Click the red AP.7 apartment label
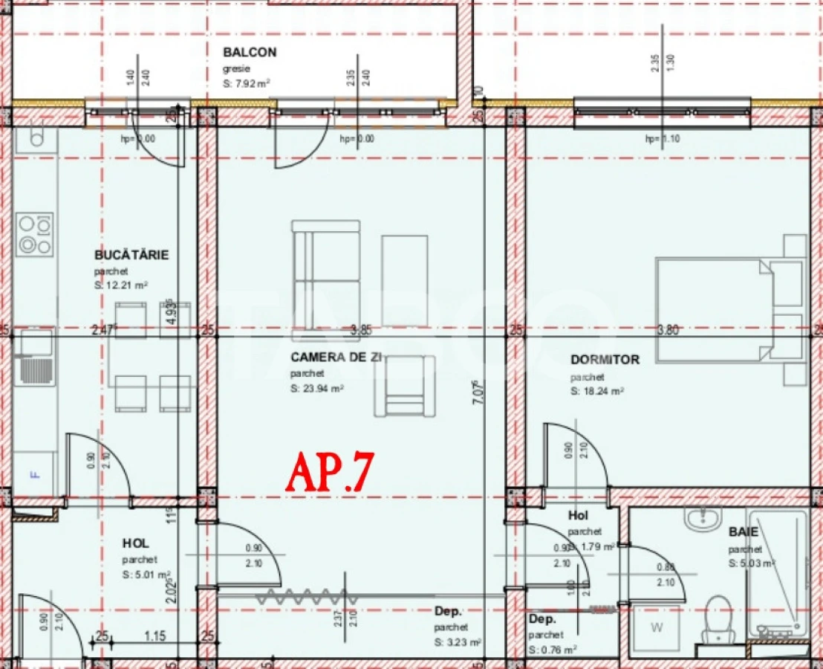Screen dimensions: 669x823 click(329, 471)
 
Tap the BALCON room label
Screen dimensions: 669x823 click(250, 53)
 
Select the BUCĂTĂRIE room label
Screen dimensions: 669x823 click(131, 255)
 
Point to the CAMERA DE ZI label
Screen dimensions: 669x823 click(336, 358)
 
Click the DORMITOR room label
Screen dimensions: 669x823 click(605, 360)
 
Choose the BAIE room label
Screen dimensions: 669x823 click(744, 532)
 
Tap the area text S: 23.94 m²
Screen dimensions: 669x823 click(317, 388)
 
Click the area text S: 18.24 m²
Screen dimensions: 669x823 click(597, 391)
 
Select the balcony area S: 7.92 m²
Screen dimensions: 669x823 click(246, 85)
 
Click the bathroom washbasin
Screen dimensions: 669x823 click(703, 518)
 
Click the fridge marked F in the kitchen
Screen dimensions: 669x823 click(33, 474)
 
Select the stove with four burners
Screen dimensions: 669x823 click(35, 234)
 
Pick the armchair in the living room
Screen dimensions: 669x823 click(404, 386)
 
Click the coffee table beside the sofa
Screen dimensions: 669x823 click(405, 280)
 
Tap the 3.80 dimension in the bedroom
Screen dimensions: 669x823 click(668, 330)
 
